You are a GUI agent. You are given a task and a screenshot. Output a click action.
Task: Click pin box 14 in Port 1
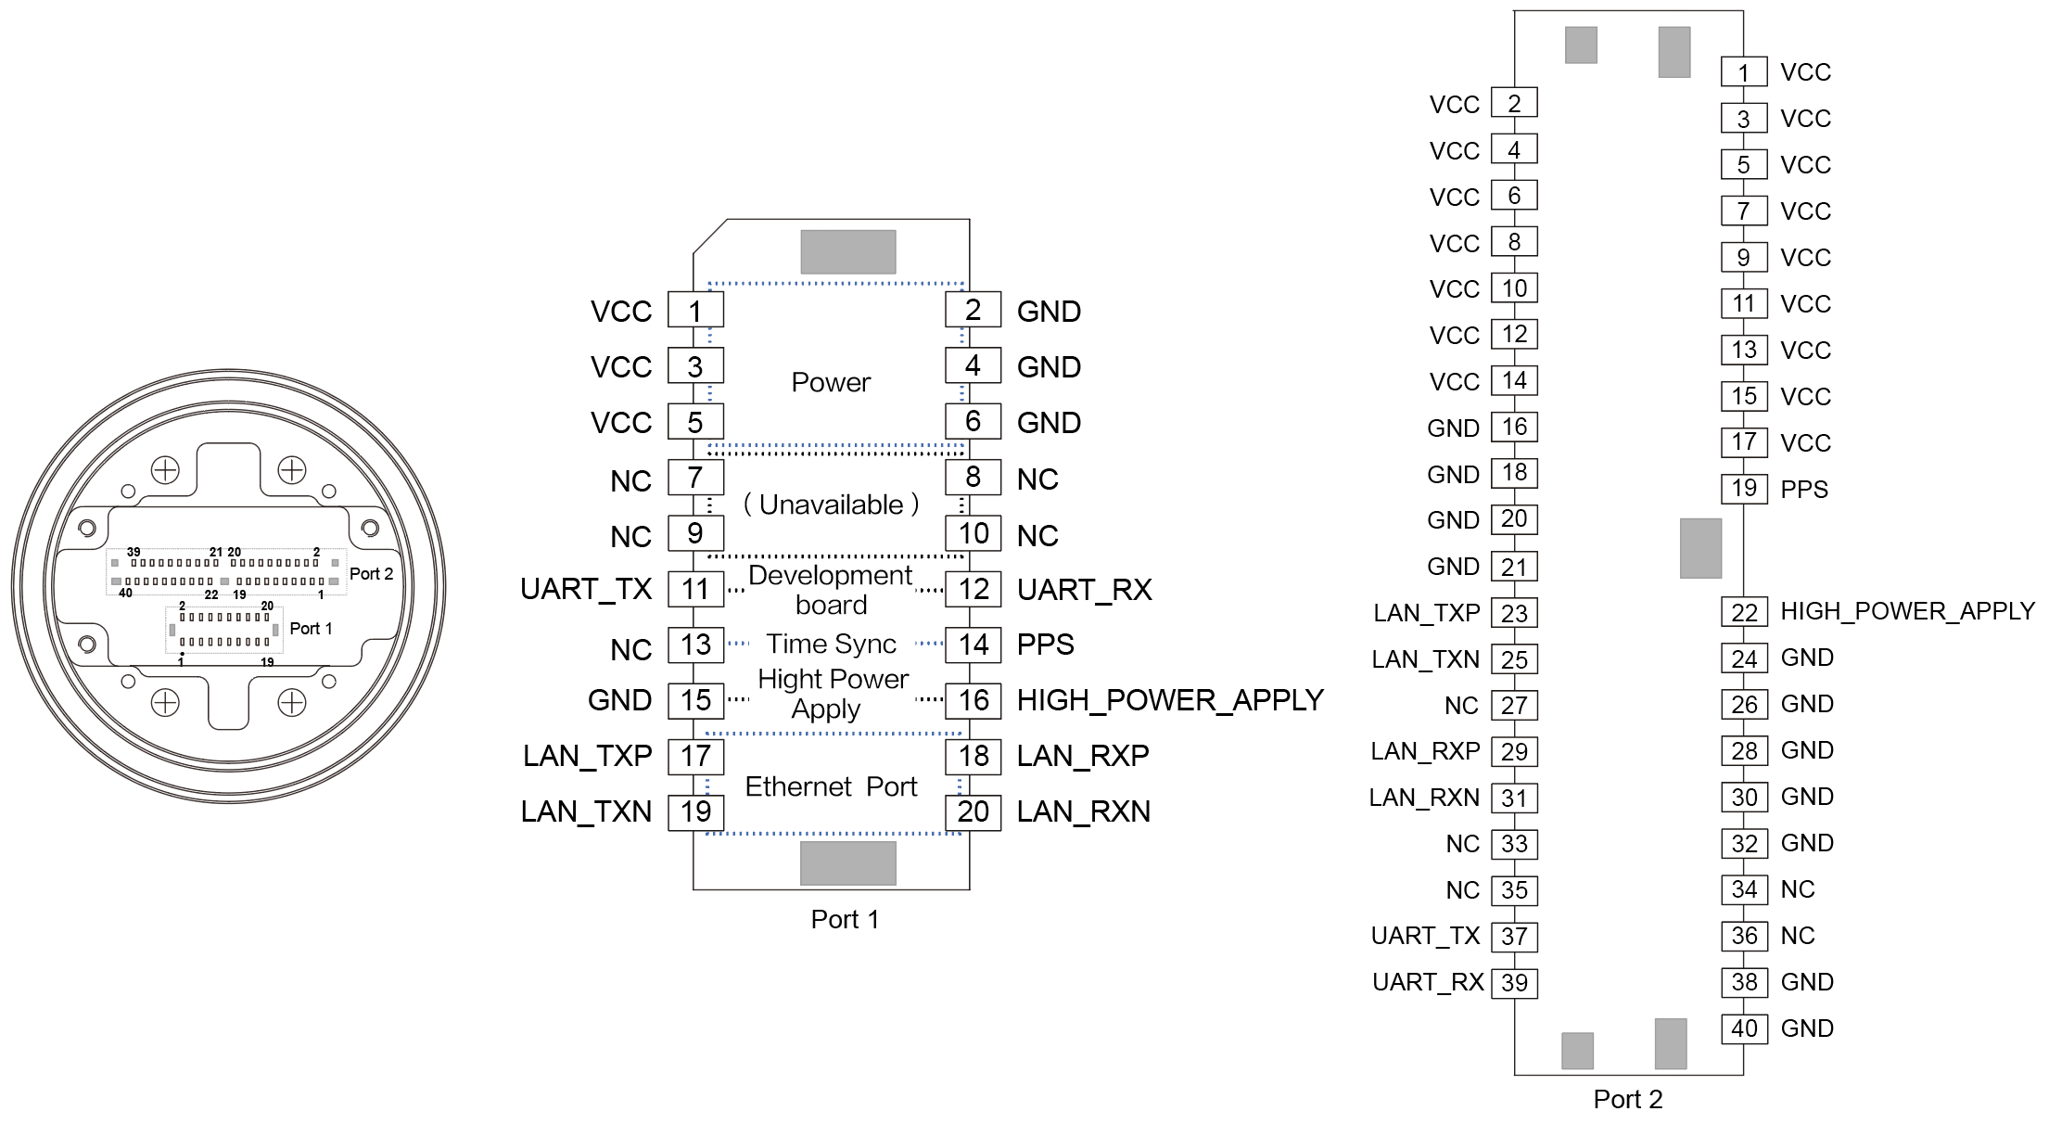click(973, 645)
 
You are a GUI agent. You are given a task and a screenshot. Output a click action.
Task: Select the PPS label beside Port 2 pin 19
click(1803, 489)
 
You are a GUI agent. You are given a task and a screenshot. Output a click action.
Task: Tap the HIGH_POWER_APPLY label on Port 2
click(1907, 611)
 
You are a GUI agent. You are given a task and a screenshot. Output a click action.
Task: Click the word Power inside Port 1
click(831, 382)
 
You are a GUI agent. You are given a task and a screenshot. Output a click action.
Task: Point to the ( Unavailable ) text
click(831, 505)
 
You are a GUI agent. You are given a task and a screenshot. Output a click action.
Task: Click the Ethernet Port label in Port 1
click(831, 786)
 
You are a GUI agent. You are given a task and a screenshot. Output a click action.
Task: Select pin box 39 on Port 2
click(1514, 983)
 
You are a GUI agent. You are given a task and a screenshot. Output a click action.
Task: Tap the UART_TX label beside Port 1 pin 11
click(586, 589)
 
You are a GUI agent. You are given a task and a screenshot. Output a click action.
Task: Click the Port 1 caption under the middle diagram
click(845, 919)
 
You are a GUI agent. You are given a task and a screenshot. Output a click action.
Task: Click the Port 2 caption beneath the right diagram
click(1627, 1099)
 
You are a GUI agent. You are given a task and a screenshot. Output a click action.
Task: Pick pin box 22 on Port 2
click(1744, 612)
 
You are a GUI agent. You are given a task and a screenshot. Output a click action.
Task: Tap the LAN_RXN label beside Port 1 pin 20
click(1083, 811)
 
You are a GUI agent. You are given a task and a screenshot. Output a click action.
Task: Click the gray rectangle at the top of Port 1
click(847, 251)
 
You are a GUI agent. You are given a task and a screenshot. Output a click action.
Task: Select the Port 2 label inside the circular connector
click(371, 574)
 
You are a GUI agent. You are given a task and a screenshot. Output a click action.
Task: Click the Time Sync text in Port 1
click(831, 644)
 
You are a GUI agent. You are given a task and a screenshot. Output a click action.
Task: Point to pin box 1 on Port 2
click(1744, 72)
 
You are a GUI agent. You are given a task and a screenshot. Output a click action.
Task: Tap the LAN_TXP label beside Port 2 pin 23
click(1426, 613)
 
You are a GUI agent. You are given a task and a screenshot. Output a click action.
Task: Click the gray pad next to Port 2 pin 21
click(1700, 548)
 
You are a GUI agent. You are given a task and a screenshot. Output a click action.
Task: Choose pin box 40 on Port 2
click(1744, 1028)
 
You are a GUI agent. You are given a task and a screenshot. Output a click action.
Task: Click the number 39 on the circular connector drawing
click(134, 552)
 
